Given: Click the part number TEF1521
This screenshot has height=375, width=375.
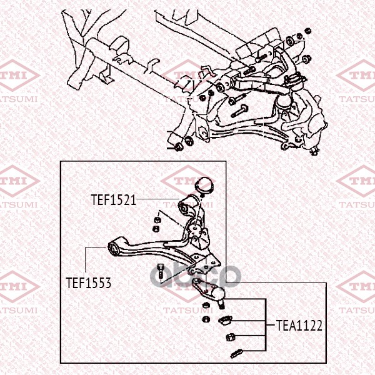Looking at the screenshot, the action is tap(114, 200).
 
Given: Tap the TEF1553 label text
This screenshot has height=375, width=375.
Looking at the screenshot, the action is tap(89, 283).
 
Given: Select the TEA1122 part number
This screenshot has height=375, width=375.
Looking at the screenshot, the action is tap(299, 326).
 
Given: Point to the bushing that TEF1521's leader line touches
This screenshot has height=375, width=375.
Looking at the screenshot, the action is tap(187, 206).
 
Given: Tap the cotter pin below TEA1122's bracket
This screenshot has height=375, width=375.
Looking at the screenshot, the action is tap(236, 353).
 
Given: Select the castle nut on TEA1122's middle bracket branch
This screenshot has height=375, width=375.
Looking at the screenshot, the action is tap(231, 337).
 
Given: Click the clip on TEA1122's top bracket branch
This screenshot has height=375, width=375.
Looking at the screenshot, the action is tap(225, 320).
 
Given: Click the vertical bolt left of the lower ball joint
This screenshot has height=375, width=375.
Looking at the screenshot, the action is tap(160, 271).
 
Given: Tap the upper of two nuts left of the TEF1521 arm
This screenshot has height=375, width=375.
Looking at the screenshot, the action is tap(157, 219).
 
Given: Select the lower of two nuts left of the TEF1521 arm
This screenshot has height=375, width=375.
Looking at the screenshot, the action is tap(156, 229).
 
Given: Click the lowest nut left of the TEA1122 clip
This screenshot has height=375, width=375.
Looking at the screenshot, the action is tap(206, 319).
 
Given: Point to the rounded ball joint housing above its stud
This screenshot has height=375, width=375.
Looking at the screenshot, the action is tap(217, 293).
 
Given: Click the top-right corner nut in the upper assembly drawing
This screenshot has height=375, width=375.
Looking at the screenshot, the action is tap(308, 31).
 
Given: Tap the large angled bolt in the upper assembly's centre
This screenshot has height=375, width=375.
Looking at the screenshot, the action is tap(239, 111).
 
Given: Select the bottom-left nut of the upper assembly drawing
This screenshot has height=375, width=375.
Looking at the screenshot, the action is tap(178, 147).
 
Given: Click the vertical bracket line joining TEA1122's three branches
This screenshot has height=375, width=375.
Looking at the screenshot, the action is tap(266, 324).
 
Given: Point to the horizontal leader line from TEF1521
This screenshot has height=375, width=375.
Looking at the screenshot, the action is tap(158, 199).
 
